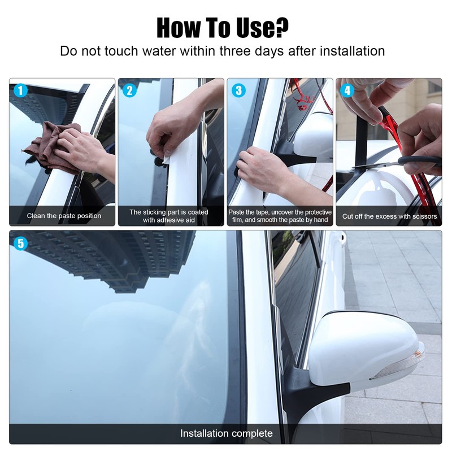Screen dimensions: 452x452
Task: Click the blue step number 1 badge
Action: tap(20, 90)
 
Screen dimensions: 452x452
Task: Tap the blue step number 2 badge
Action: tap(129, 90)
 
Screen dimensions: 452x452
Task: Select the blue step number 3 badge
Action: tap(238, 90)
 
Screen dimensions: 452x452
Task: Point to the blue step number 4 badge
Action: tap(347, 90)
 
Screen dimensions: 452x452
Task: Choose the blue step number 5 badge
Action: tap(20, 244)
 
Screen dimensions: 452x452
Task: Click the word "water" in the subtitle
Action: tap(159, 51)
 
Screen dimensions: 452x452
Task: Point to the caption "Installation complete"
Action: tap(227, 433)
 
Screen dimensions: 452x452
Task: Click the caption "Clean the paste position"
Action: tap(64, 216)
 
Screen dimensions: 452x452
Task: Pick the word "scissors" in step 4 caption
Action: tap(425, 216)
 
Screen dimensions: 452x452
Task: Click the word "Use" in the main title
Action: tap(255, 28)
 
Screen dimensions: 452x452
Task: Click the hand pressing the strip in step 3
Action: tap(262, 170)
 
